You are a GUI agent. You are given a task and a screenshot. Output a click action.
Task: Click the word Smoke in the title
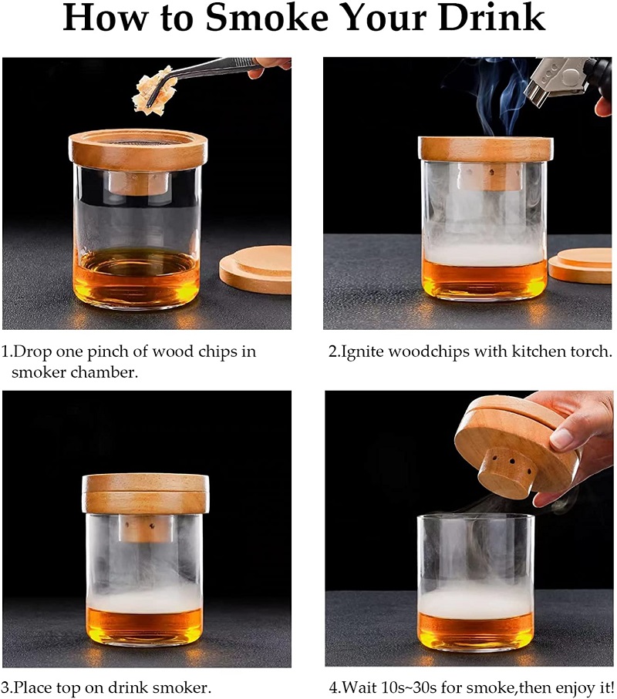pyautogui.click(x=267, y=18)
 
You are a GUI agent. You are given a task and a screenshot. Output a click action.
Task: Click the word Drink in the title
pyautogui.click(x=491, y=18)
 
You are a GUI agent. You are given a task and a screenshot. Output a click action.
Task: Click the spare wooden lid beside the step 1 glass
pyautogui.click(x=255, y=269)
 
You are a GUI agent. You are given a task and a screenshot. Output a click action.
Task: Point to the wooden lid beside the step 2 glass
pyautogui.click(x=581, y=265)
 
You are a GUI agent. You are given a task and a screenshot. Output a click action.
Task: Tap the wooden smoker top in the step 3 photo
pyautogui.click(x=146, y=494)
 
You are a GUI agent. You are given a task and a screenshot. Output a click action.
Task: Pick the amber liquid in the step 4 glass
pyautogui.click(x=476, y=632)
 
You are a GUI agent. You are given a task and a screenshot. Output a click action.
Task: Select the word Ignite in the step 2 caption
pyautogui.click(x=361, y=352)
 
